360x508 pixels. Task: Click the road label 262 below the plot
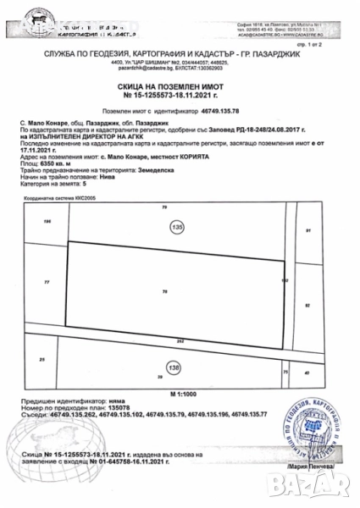tap(180, 341)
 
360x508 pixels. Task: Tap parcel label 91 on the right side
tap(307, 230)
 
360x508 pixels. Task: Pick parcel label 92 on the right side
tap(307, 301)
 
